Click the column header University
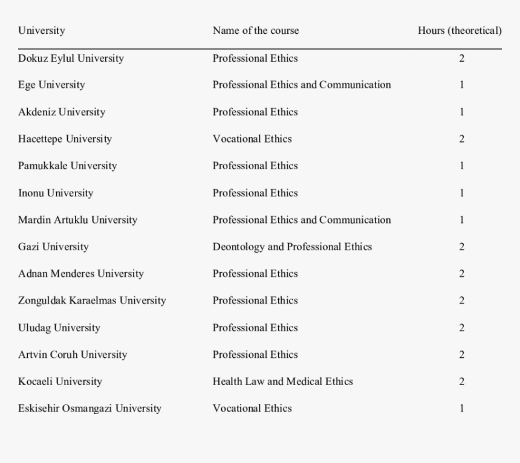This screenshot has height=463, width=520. [x=41, y=31]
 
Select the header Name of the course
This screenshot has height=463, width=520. [x=255, y=31]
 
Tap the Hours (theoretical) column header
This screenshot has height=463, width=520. [x=460, y=31]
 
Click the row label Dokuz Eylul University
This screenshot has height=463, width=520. [x=71, y=59]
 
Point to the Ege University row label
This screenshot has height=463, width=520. [x=51, y=85]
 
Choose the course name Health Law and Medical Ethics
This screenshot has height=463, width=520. [x=282, y=381]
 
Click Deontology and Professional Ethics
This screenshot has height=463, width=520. [x=292, y=247]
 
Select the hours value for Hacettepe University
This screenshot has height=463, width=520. [x=461, y=139]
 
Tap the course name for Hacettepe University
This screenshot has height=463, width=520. [x=252, y=139]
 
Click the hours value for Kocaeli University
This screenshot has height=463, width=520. [x=461, y=381]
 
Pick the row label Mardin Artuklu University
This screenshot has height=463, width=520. [x=77, y=220]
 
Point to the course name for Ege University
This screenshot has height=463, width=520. [x=301, y=85]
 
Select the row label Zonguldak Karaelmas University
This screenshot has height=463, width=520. [x=92, y=300]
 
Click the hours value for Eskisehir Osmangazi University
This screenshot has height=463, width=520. [x=461, y=409]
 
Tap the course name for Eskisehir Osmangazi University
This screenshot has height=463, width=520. [x=252, y=409]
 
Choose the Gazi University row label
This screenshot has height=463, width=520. [x=53, y=247]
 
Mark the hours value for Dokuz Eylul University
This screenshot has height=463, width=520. [x=461, y=59]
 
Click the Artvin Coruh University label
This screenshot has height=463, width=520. [x=73, y=355]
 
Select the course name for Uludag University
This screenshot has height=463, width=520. [x=255, y=328]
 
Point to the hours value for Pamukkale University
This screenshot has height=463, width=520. [x=461, y=166]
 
